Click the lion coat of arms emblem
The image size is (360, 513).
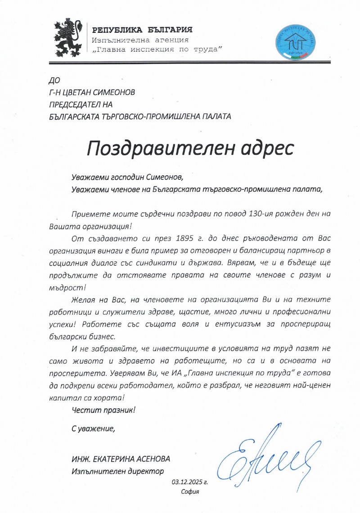point(68,39)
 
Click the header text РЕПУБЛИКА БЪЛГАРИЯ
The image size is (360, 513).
point(143,30)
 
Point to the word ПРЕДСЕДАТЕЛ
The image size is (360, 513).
point(75,104)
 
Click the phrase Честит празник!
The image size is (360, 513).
point(103,410)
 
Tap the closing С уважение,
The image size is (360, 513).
point(94,428)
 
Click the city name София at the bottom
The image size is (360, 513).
point(189,492)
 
